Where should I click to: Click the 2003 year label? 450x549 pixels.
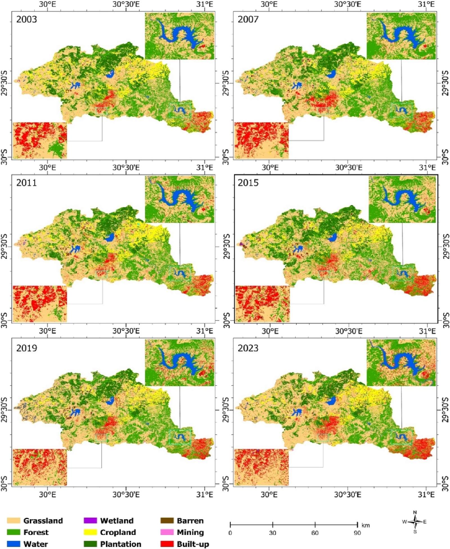pyautogui.click(x=26, y=19)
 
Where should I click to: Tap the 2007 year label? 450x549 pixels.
pyautogui.click(x=248, y=19)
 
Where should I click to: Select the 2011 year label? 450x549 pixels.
pyautogui.click(x=26, y=183)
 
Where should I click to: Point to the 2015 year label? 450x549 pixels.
pyautogui.click(x=248, y=183)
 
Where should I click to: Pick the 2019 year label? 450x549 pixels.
pyautogui.click(x=26, y=348)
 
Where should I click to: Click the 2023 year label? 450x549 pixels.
pyautogui.click(x=248, y=348)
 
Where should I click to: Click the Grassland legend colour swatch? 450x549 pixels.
pyautogui.click(x=13, y=521)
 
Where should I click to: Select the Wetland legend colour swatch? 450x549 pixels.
pyautogui.click(x=90, y=521)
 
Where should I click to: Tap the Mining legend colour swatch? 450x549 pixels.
pyautogui.click(x=167, y=532)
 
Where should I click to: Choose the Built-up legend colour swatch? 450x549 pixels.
pyautogui.click(x=167, y=544)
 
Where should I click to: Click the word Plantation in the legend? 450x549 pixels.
pyautogui.click(x=121, y=544)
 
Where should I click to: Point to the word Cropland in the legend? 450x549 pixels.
pyautogui.click(x=118, y=532)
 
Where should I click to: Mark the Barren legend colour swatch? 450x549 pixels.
pyautogui.click(x=167, y=521)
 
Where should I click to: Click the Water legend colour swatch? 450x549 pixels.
pyautogui.click(x=13, y=544)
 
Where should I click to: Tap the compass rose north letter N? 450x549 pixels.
pyautogui.click(x=415, y=512)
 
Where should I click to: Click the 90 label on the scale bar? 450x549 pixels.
pyautogui.click(x=357, y=533)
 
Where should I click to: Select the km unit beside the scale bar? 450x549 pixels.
pyautogui.click(x=366, y=525)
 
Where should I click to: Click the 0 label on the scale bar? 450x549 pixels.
pyautogui.click(x=230, y=533)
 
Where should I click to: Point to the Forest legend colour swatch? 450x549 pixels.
pyautogui.click(x=13, y=532)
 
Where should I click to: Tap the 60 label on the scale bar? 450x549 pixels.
pyautogui.click(x=315, y=533)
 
